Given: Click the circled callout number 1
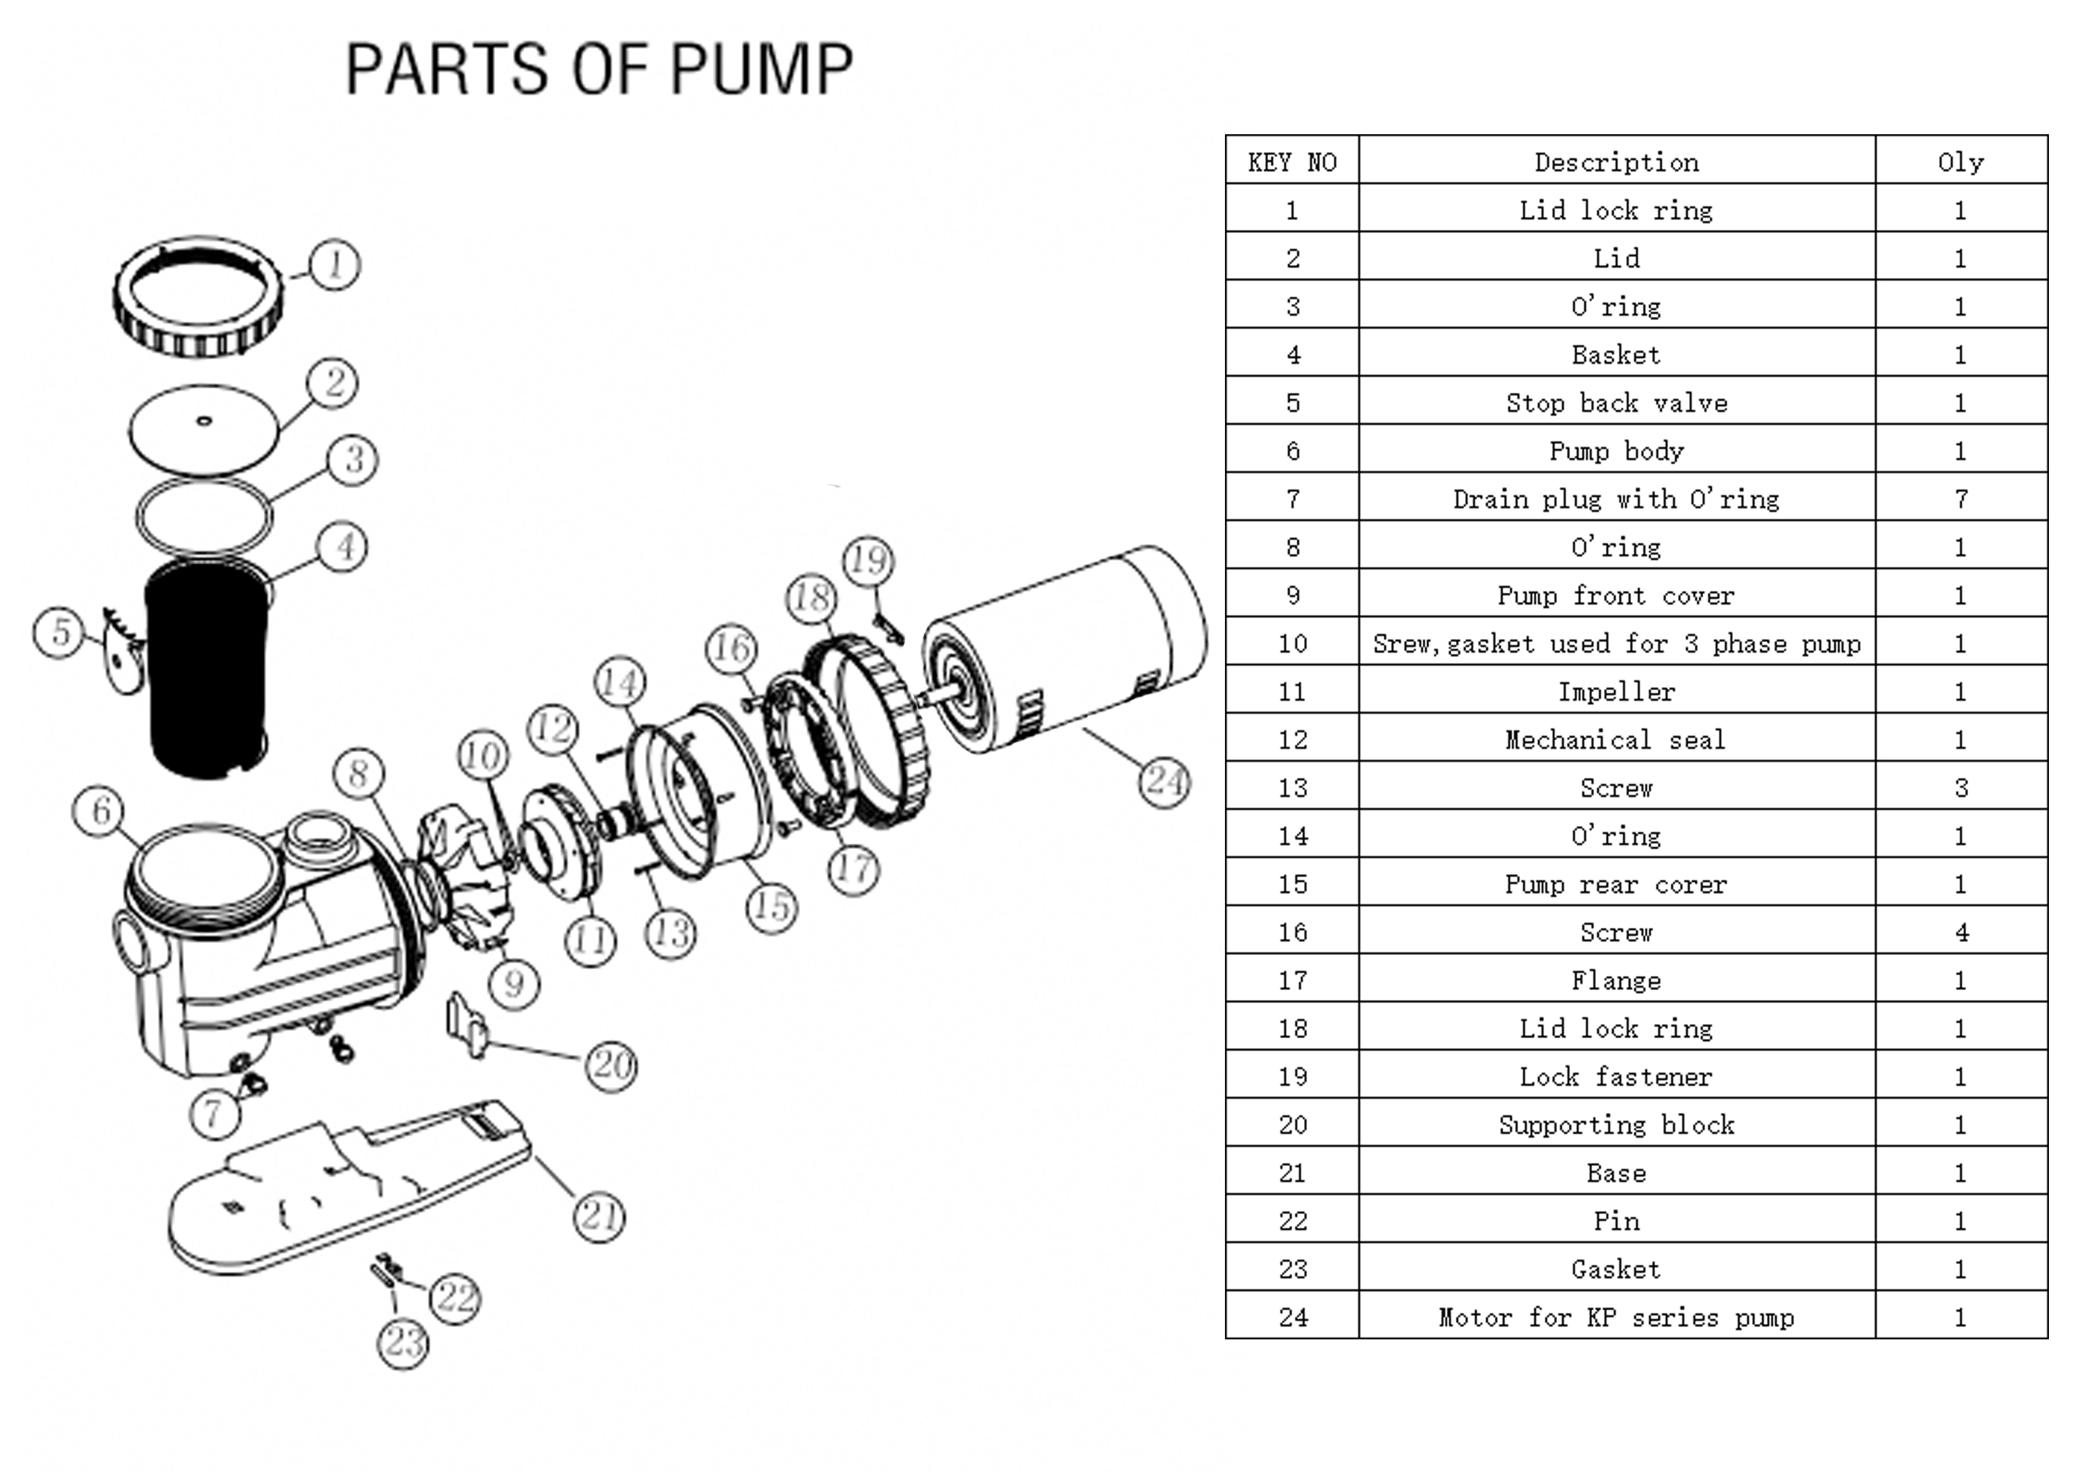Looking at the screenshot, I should (x=335, y=264).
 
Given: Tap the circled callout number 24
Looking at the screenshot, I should (x=1164, y=782).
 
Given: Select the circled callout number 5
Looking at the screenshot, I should (x=59, y=633).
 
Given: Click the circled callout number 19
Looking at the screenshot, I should (x=868, y=560).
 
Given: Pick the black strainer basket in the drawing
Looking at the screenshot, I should (x=207, y=667).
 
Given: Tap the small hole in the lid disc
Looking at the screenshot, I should (x=204, y=420).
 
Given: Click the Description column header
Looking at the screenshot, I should (x=1616, y=163).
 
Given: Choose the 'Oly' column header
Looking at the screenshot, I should (x=1960, y=163).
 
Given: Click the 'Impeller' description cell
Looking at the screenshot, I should (x=1616, y=691).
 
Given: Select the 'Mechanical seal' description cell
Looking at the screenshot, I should (x=1616, y=739).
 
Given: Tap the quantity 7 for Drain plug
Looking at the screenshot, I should (x=1960, y=499).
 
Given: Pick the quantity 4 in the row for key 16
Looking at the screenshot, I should (x=1960, y=932).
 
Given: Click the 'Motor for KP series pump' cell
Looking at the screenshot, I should (x=1616, y=1317).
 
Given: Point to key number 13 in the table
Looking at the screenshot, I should (x=1293, y=788).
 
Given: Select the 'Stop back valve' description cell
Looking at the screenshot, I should (x=1616, y=403).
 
